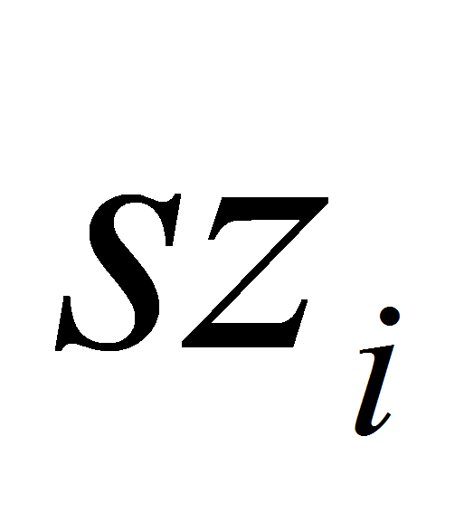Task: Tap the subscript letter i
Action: coord(377,371)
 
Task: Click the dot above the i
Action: coord(390,316)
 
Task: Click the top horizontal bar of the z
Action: coord(270,209)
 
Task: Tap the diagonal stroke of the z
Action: coord(255,273)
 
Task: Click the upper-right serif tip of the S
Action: coord(176,196)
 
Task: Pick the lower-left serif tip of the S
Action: coord(59,348)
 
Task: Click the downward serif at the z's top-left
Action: coord(214,230)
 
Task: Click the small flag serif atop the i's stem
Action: coord(373,349)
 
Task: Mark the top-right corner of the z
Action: coord(328,198)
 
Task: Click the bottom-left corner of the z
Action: coord(182,346)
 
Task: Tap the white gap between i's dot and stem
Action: coord(388,335)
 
